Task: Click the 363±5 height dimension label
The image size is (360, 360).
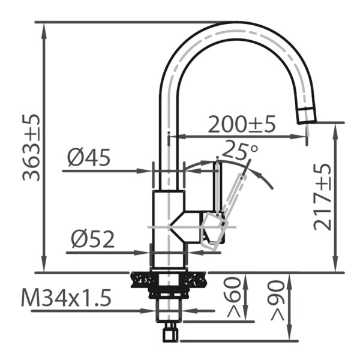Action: tap(31, 147)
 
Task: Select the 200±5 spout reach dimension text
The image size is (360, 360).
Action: tap(241, 124)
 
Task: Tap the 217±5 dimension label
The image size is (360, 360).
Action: tap(323, 196)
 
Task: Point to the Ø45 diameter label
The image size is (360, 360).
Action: tap(88, 158)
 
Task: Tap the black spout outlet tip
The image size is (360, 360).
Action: tap(306, 115)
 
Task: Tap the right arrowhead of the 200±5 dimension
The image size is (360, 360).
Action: tap(303, 136)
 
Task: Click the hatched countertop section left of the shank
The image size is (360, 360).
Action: tap(142, 279)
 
